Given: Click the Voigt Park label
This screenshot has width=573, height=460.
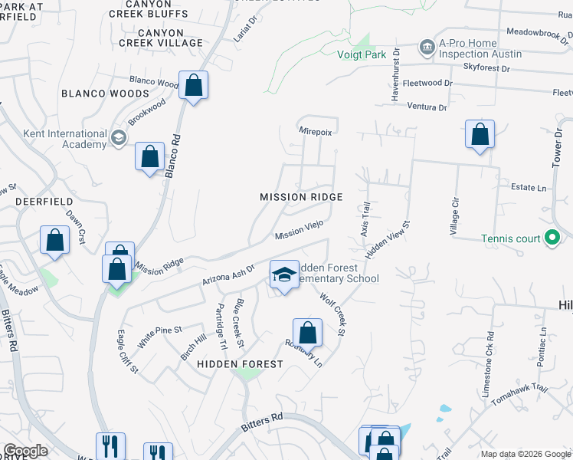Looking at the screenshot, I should (362, 54).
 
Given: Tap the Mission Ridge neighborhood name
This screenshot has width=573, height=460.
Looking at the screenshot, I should (301, 197).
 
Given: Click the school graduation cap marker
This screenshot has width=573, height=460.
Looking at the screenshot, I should (283, 274).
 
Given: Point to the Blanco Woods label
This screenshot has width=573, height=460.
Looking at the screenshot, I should (105, 94).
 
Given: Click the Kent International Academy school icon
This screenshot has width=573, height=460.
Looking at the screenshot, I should (118, 138).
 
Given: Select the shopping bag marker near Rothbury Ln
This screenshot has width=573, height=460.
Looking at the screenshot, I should (307, 333).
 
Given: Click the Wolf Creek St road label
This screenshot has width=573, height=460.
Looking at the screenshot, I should (333, 314).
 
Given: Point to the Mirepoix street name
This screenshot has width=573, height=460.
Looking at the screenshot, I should (316, 132).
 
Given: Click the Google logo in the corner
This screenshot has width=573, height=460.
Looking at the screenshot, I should (25, 451).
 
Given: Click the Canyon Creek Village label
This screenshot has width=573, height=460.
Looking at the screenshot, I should (161, 38).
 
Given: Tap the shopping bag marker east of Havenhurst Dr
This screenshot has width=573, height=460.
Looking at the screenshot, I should (480, 134).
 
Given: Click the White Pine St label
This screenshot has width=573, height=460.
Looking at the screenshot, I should (159, 335).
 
